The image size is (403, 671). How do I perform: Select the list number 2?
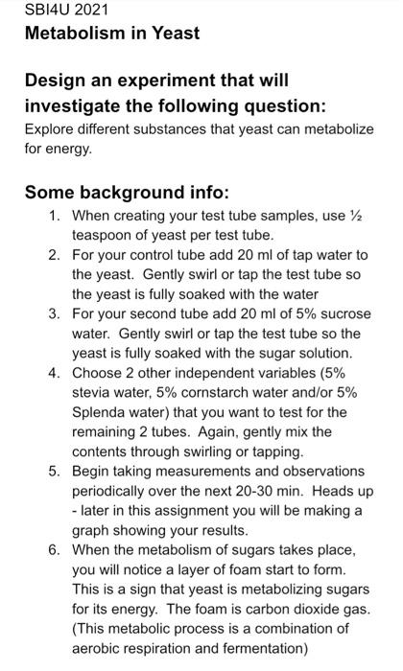point(55,255)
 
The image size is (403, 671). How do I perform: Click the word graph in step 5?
point(93,530)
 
